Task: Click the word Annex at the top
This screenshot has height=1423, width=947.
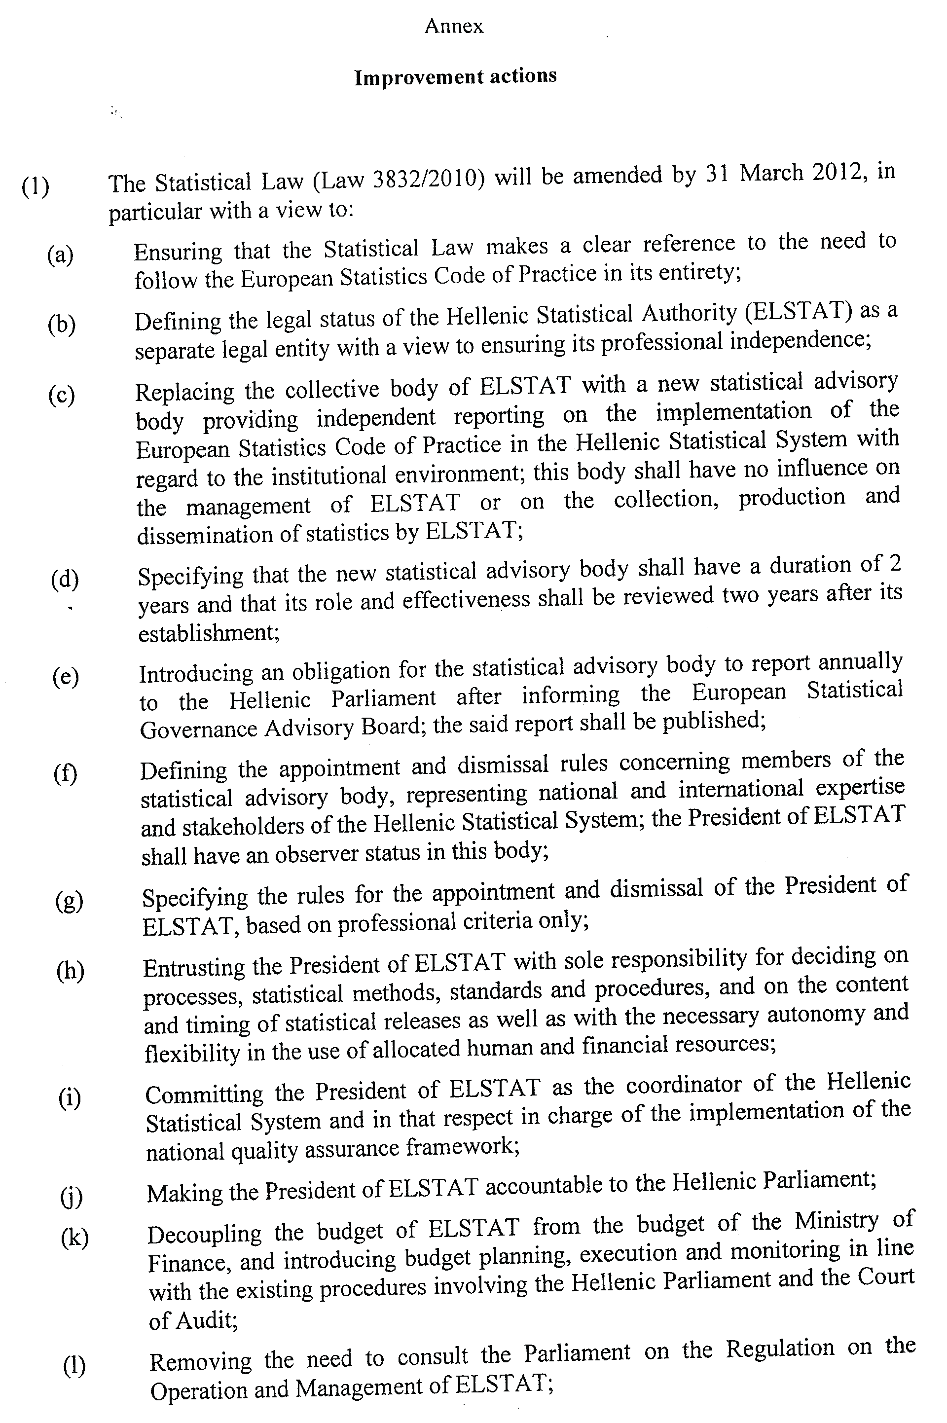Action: coord(454,27)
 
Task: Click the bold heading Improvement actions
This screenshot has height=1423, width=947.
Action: coord(455,77)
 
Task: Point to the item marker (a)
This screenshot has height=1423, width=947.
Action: coord(60,255)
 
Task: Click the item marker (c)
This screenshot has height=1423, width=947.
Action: coord(62,396)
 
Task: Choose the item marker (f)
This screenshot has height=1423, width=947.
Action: coord(65,773)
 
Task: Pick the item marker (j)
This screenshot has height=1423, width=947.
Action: coord(71,1197)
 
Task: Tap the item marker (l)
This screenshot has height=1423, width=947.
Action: coord(73,1367)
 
